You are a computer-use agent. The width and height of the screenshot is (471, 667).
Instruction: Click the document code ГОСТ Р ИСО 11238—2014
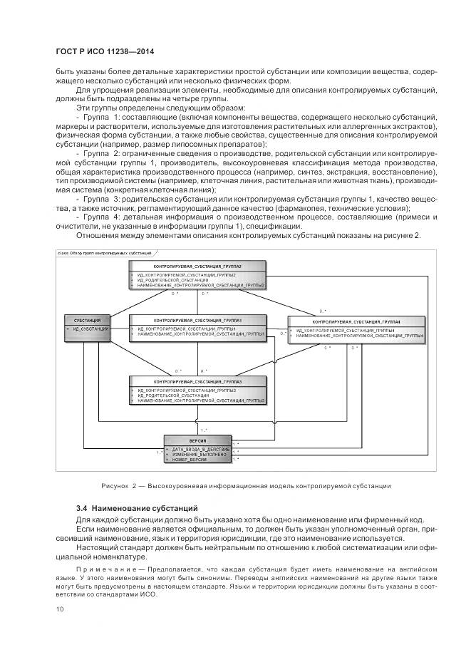click(105, 52)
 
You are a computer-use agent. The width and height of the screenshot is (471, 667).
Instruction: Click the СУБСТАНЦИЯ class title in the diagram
click(87, 320)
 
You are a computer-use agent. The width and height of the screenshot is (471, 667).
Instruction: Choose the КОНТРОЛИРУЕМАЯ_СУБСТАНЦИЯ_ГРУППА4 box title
click(356, 321)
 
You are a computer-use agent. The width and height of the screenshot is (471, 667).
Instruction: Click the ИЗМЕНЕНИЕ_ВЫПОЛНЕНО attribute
click(199, 455)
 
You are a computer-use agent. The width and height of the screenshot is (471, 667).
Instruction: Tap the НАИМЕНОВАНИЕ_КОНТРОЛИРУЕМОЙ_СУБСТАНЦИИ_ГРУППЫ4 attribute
click(360, 335)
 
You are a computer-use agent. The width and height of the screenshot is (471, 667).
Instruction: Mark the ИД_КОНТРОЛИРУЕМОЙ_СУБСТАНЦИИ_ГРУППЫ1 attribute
click(187, 329)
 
